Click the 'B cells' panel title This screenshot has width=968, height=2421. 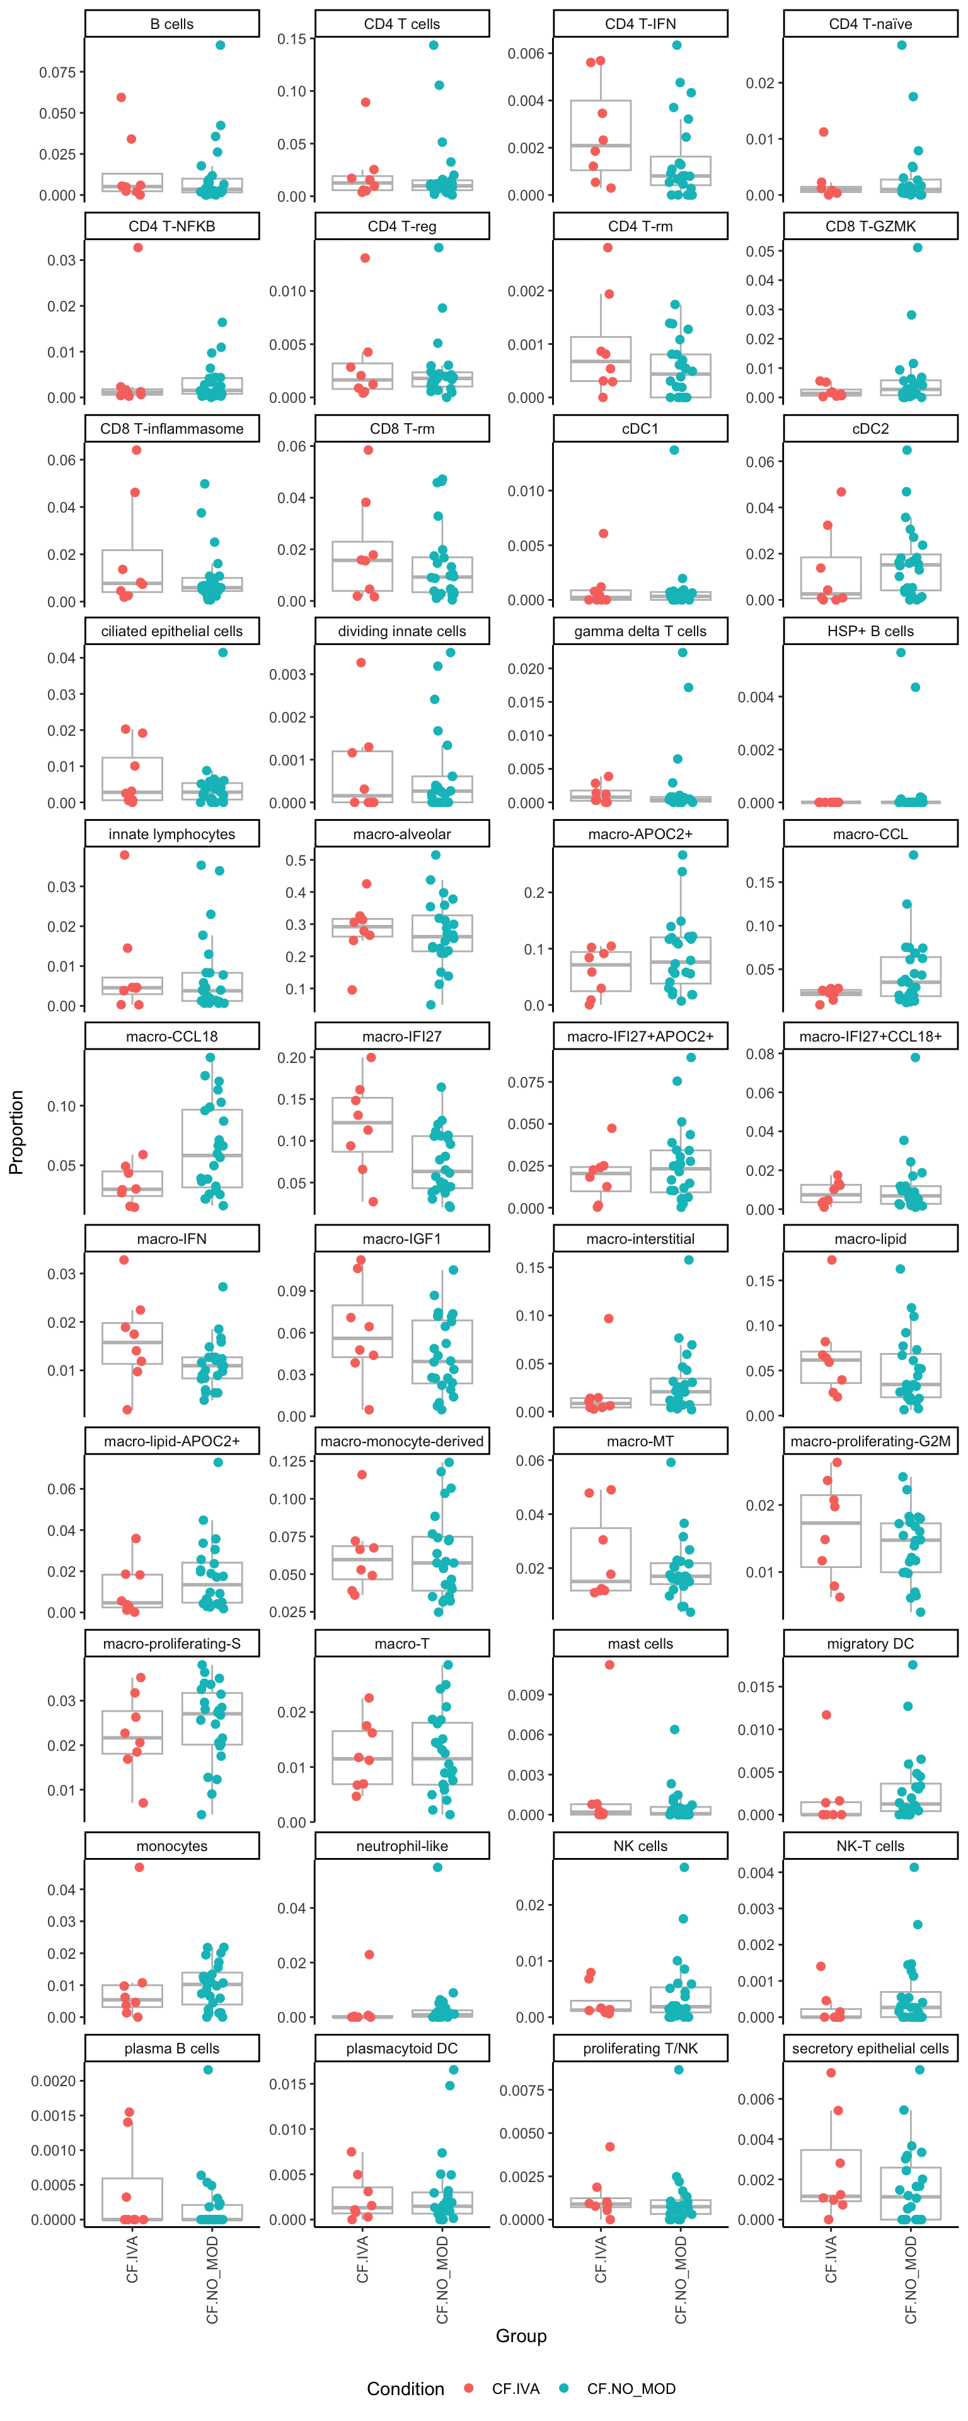(172, 23)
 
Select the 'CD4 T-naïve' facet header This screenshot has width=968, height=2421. (870, 23)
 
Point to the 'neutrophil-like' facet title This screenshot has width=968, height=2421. (402, 1846)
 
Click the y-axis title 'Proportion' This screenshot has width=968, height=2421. (16, 1132)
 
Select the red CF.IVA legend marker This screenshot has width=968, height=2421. (469, 2388)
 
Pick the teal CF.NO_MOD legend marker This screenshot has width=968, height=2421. (564, 2388)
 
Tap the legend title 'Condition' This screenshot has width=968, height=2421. (405, 2388)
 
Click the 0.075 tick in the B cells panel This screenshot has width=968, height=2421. (57, 73)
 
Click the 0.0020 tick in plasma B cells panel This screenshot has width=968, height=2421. (54, 2081)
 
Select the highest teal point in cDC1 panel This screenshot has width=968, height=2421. (674, 450)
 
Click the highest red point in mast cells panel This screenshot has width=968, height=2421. (609, 1664)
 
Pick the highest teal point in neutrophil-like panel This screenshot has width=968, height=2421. (438, 1867)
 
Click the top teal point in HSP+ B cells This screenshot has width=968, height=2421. (901, 653)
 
